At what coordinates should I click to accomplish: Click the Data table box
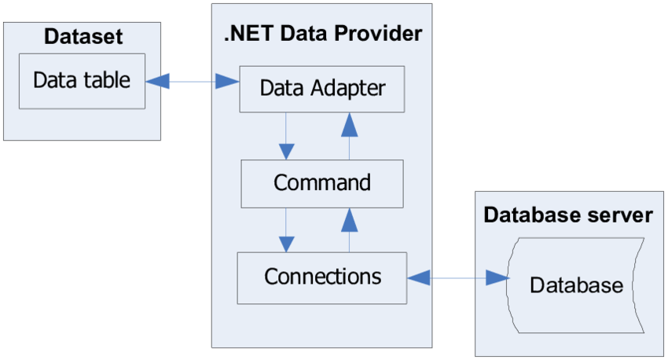[82, 81]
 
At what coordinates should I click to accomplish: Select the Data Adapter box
[322, 87]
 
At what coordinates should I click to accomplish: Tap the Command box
[321, 183]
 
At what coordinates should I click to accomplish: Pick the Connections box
[322, 277]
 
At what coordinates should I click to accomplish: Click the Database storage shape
[575, 285]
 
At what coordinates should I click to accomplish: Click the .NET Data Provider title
[322, 34]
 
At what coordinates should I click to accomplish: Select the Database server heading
[567, 215]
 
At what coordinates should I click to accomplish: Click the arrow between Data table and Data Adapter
[193, 80]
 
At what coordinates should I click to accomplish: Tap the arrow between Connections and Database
[457, 277]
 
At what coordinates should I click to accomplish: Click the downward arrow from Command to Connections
[287, 230]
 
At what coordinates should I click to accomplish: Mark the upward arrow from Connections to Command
[350, 230]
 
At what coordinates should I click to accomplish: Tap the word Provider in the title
[382, 34]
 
